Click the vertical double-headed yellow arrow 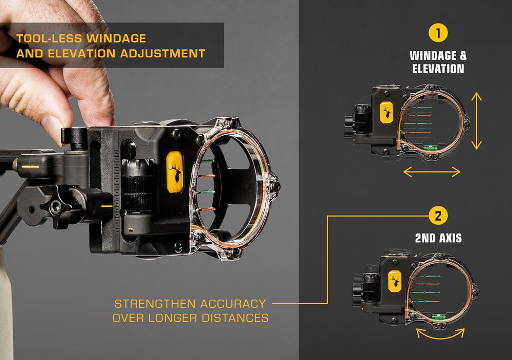point(476,121)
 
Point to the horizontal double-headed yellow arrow point(432,172)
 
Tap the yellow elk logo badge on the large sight point(175,172)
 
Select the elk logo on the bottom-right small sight point(394,281)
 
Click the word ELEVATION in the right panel point(438,69)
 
